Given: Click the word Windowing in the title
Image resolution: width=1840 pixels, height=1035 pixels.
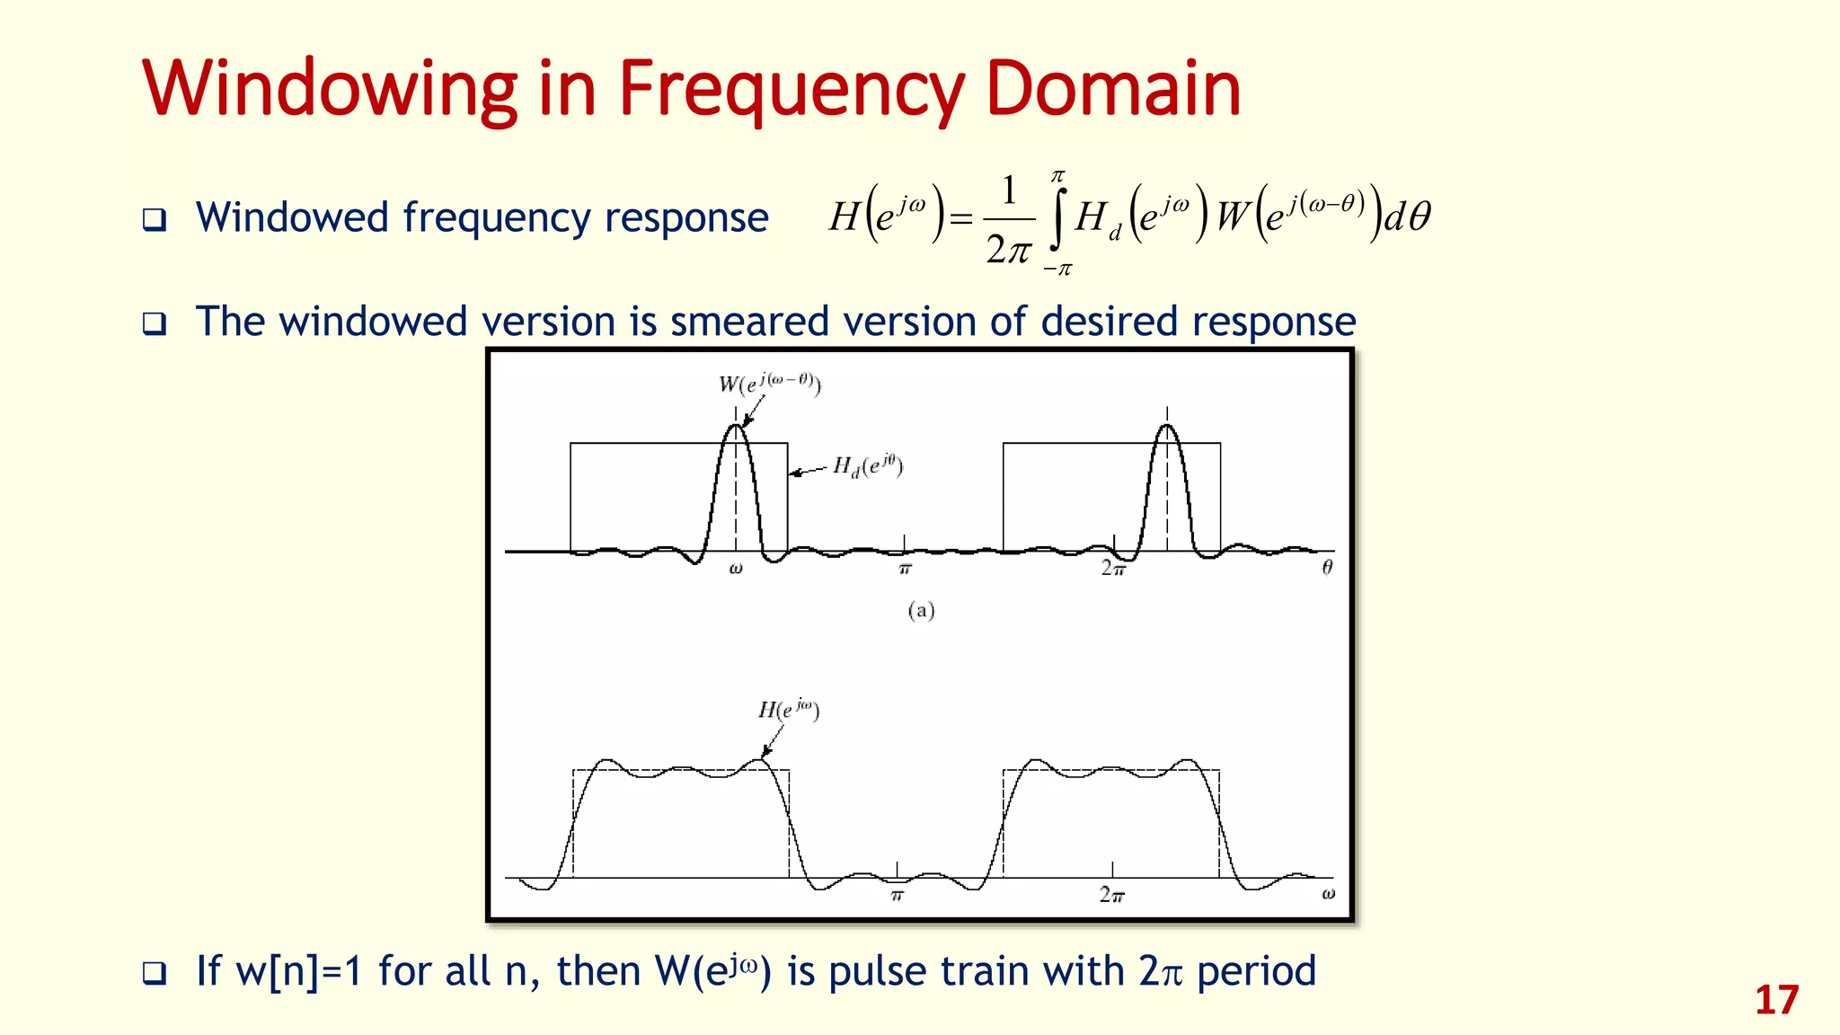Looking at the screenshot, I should pos(329,90).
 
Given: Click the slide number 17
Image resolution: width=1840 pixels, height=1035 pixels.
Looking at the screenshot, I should pos(1776,1001).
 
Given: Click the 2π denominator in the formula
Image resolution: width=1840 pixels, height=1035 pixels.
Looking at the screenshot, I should pos(1008,249).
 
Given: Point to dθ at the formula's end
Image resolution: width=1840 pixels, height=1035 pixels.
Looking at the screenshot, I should pos(1407,217).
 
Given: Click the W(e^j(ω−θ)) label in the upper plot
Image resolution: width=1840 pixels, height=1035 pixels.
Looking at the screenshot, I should pos(770,384).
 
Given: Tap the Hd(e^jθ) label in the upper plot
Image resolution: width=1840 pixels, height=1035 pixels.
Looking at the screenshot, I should pos(867,465).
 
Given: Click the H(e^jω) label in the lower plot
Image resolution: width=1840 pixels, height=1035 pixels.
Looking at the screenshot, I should pos(788,710).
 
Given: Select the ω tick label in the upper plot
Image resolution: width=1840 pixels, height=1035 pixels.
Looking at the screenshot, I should pos(736,568).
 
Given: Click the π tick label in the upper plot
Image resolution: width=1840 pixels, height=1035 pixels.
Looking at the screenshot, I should pos(905,569).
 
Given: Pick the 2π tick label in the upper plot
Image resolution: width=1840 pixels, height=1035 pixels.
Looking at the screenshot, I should pos(1113,569).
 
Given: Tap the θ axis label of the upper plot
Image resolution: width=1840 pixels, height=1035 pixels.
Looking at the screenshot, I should pos(1327,567).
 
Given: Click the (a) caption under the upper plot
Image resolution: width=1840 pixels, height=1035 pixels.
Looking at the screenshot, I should pos(921,611).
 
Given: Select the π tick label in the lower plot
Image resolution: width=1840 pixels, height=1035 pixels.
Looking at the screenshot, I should pos(897,895).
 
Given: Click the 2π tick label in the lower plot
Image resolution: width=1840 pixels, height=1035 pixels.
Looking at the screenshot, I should pos(1111,895).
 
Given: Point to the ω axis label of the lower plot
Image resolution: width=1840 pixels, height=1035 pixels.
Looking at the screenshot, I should pos(1328,894).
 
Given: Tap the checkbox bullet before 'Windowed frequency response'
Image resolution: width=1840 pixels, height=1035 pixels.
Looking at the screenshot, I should pos(155,220).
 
